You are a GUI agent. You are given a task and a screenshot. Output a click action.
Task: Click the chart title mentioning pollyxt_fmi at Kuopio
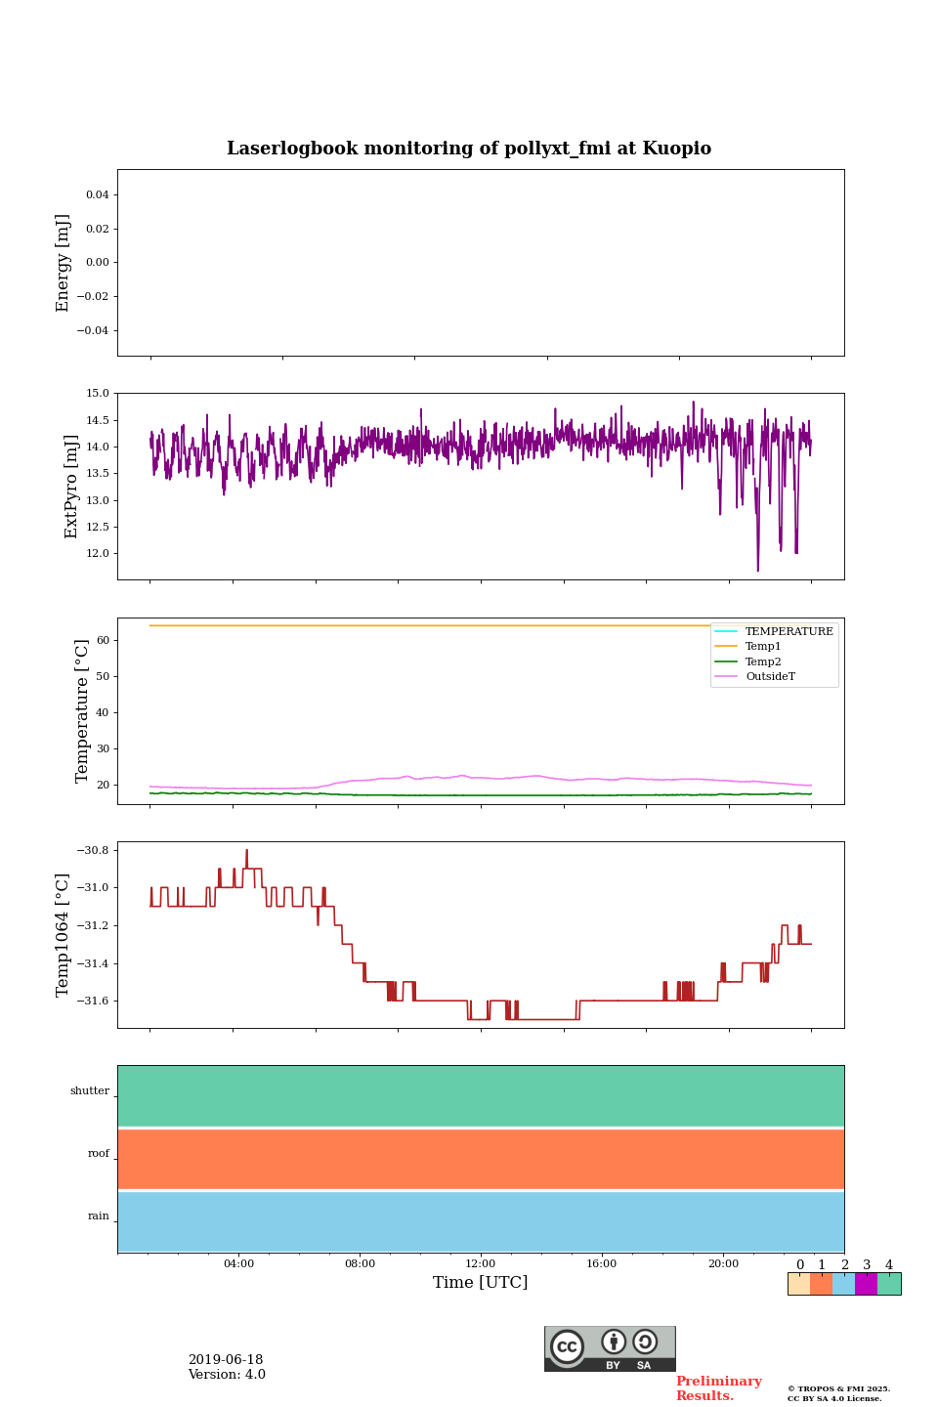point(469,149)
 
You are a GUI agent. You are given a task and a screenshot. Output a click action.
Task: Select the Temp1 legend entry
point(763,647)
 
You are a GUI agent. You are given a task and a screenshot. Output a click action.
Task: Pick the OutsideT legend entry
point(770,677)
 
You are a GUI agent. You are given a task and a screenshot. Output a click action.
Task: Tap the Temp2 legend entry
point(763,662)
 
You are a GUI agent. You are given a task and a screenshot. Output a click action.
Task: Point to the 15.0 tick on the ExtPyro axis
point(98,394)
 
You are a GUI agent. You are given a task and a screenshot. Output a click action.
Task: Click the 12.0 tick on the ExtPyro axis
point(98,554)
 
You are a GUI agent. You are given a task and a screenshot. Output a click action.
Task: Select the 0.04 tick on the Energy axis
point(97,195)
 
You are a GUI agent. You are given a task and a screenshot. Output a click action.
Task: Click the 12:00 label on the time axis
point(481,1264)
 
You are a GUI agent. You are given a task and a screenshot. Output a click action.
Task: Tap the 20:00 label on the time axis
point(723,1264)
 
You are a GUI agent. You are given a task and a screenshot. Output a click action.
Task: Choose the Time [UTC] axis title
point(481,1283)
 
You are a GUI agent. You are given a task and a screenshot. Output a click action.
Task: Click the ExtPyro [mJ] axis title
point(71,487)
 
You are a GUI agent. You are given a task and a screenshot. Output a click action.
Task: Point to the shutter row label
point(90,1091)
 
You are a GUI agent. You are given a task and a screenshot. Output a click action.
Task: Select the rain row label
point(99,1216)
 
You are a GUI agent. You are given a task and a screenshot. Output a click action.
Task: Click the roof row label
point(99,1154)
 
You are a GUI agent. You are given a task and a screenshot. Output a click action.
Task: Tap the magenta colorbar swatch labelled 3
point(866,1284)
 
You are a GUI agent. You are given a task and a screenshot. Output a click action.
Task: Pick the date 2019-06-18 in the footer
point(226,1360)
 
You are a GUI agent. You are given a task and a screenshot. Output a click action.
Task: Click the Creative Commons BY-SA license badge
point(610,1348)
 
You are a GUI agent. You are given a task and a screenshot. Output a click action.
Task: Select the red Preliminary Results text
point(718,1388)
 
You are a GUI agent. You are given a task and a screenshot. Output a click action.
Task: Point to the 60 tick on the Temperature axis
point(103,641)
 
